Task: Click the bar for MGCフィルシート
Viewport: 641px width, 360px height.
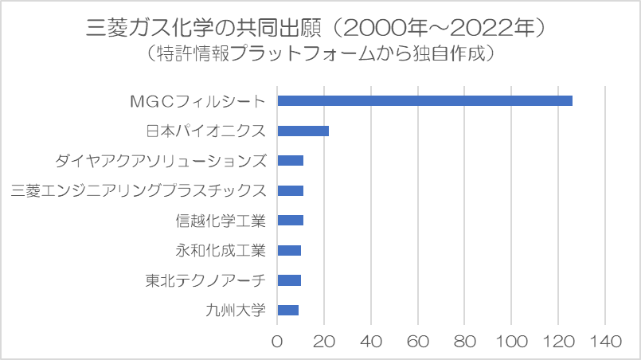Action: tap(424, 100)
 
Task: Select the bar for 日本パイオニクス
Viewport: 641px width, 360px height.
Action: tap(303, 131)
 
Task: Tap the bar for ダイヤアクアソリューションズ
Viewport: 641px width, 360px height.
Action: tap(290, 160)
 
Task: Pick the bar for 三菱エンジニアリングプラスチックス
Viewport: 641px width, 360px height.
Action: tap(290, 190)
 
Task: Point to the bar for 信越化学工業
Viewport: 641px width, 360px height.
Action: tap(290, 221)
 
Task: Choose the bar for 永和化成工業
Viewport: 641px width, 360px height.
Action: tap(289, 250)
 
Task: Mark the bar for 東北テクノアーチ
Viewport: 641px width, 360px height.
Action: tap(289, 280)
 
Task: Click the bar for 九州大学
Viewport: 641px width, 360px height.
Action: tap(287, 310)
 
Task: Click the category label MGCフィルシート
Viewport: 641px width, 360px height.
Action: tap(197, 101)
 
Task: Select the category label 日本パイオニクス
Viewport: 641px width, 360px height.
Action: tap(205, 131)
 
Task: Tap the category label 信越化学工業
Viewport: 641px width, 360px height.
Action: tap(221, 221)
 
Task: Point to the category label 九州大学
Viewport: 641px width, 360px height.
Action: tap(236, 311)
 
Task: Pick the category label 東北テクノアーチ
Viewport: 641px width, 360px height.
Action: tap(205, 280)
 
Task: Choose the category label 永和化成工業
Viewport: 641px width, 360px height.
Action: tap(221, 251)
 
